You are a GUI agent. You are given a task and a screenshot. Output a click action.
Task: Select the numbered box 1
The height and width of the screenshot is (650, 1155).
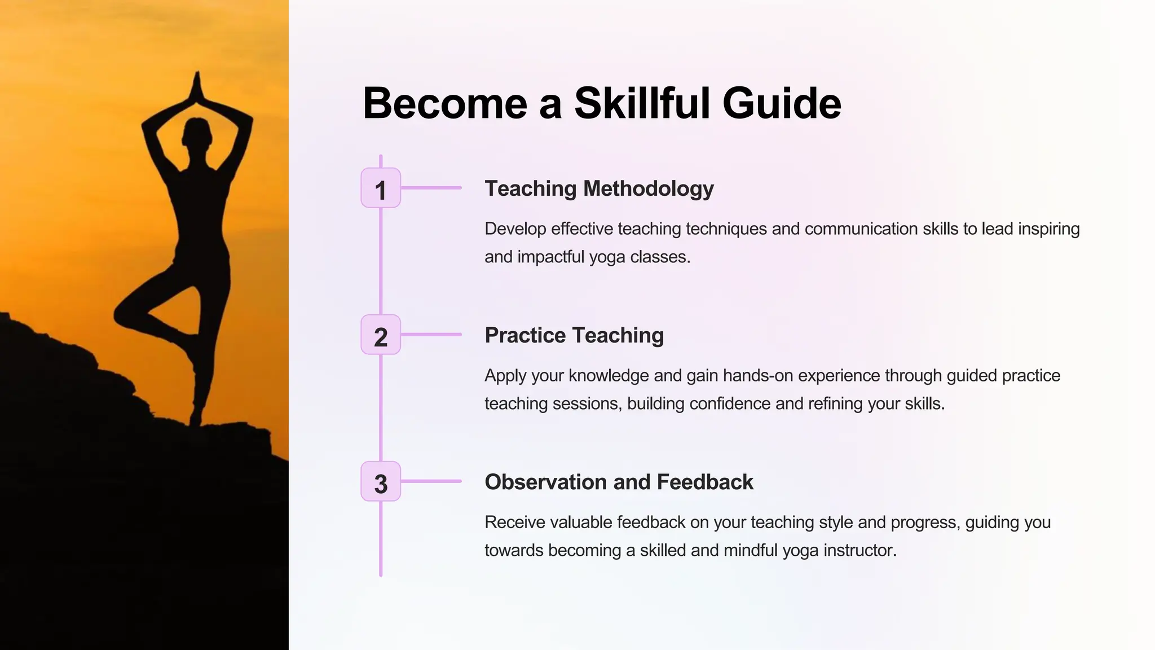click(381, 188)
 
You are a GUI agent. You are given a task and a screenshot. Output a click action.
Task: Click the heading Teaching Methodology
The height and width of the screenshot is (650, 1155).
click(599, 188)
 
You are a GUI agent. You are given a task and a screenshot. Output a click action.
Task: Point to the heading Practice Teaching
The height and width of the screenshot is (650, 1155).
click(574, 335)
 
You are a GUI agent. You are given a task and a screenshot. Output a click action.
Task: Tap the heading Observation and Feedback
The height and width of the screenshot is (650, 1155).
click(619, 482)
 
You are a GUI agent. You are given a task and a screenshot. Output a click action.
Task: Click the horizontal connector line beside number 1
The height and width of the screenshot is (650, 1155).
click(431, 188)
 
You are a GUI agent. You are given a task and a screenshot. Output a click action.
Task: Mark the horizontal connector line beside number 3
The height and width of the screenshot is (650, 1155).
click(431, 481)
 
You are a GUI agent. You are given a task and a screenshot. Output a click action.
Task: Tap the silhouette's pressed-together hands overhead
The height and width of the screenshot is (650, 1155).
click(197, 87)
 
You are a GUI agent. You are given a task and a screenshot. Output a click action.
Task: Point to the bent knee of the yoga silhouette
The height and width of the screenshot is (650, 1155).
click(121, 314)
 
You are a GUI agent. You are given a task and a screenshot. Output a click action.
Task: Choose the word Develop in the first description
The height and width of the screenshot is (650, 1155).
click(515, 229)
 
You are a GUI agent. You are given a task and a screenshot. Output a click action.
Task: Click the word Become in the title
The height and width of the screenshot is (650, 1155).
click(446, 103)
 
